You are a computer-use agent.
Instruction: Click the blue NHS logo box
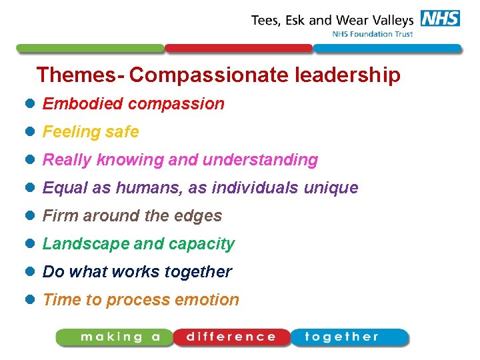(x=440, y=19)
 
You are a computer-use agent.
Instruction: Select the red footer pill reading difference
(x=231, y=337)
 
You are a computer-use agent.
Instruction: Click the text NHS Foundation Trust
(x=372, y=34)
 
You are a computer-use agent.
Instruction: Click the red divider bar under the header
(x=239, y=49)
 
